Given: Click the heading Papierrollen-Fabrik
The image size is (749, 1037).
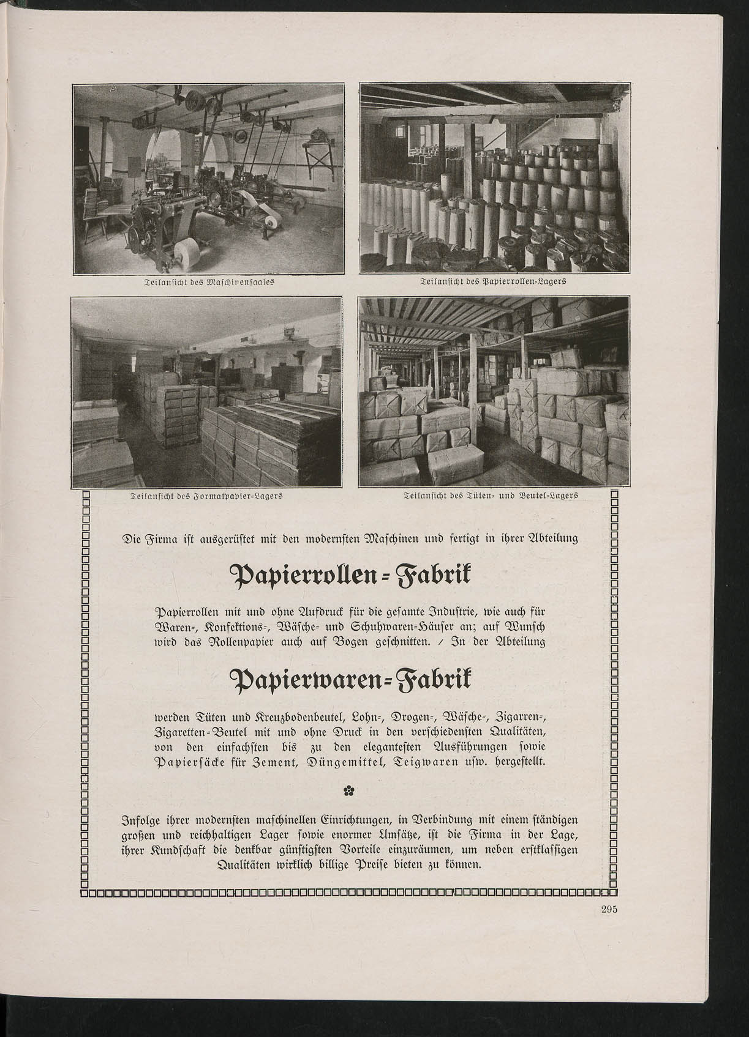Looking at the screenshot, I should point(349,577).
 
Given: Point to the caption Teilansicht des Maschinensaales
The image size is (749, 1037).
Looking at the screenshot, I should point(208,283).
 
